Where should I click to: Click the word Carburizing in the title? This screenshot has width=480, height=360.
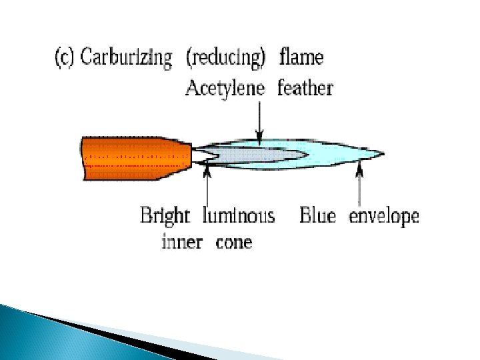(125, 57)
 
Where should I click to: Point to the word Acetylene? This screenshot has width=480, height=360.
(225, 87)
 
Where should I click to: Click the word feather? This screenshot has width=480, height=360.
(305, 87)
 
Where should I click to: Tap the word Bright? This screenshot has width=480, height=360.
(165, 216)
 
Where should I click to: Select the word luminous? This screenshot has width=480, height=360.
(237, 216)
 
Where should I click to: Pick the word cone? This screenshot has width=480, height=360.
(234, 241)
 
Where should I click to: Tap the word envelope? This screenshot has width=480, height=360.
(384, 216)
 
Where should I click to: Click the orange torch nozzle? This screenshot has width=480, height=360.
(127, 159)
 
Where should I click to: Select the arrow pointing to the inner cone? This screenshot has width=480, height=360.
(208, 187)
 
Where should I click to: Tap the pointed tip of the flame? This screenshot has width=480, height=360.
(382, 154)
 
